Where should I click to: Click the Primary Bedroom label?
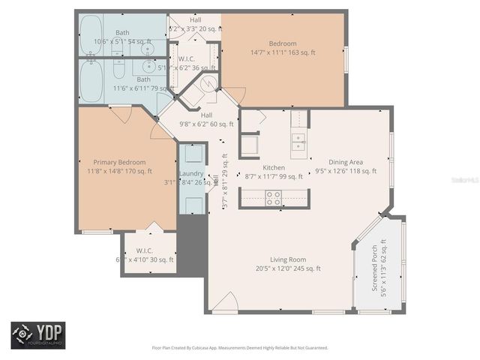click(119, 162)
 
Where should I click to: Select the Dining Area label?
click(346, 162)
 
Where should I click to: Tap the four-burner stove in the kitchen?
click(274, 198)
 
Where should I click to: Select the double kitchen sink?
click(298, 142)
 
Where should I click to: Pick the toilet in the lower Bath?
click(118, 70)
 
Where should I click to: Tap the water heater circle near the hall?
click(209, 84)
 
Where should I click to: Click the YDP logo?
click(37, 334)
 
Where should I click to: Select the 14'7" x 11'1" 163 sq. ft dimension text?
click(283, 53)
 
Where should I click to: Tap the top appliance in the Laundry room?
click(192, 154)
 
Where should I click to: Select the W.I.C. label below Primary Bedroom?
click(145, 250)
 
